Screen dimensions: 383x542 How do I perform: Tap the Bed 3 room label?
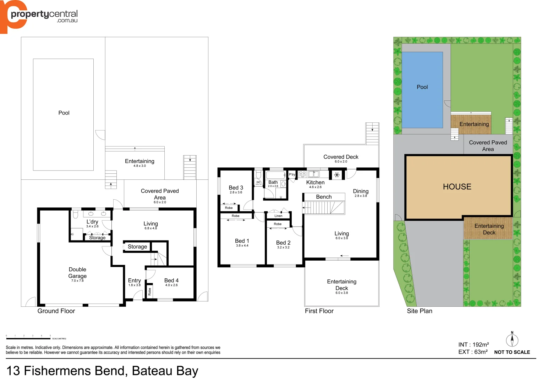(236, 188)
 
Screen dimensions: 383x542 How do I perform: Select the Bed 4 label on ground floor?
(171, 281)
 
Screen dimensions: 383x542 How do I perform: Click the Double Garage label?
(77, 273)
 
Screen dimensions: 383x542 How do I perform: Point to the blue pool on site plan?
(422, 90)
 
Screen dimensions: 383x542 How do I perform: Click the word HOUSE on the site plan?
(457, 187)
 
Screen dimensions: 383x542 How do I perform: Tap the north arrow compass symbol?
(512, 340)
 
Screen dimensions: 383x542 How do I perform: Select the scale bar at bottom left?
(28, 339)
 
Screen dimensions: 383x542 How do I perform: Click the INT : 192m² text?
(473, 345)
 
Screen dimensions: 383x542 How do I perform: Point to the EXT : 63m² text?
(473, 352)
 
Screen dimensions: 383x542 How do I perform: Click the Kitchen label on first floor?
(315, 182)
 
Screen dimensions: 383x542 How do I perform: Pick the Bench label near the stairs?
(324, 197)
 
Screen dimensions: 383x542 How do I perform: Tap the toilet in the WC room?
(258, 175)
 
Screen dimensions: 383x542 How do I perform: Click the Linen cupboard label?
(278, 216)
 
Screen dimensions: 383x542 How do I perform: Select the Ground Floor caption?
(56, 311)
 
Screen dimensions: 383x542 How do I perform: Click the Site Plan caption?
(420, 311)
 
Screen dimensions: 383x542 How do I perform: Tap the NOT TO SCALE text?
(512, 352)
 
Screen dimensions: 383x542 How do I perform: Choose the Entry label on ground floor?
(134, 281)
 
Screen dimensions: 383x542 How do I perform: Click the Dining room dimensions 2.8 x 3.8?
(361, 196)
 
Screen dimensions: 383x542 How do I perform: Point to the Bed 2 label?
(283, 243)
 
